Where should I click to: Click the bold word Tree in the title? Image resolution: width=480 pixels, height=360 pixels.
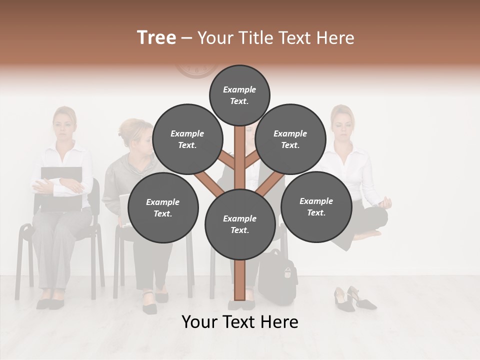(156, 38)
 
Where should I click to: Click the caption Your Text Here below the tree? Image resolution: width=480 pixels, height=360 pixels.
(240, 322)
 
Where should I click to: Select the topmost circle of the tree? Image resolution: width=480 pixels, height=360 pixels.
(239, 95)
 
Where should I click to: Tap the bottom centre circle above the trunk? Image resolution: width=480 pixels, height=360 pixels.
(240, 224)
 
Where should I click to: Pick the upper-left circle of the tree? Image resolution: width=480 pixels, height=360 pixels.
(187, 139)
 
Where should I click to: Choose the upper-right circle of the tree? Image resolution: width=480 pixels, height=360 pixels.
(290, 139)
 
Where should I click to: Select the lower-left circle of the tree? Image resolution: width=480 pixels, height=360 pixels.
(163, 207)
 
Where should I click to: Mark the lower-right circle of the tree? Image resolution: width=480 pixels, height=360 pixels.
(316, 206)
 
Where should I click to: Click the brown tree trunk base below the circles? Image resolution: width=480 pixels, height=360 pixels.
(240, 280)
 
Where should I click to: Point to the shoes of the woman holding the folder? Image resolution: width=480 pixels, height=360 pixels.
(50, 302)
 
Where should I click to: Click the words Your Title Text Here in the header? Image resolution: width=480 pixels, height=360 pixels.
(276, 38)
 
